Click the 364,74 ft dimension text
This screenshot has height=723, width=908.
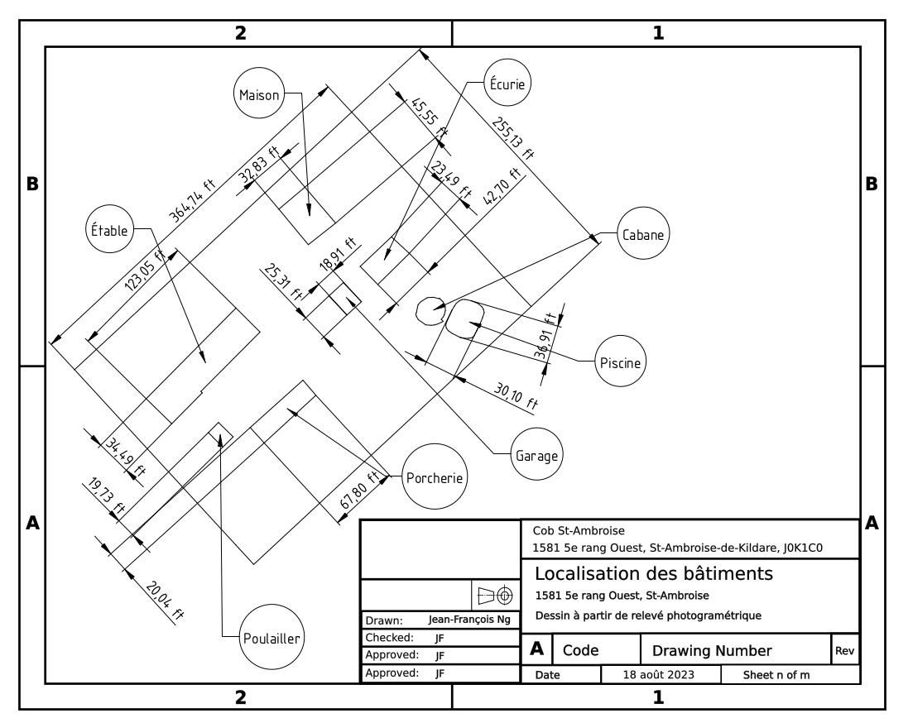coord(193,199)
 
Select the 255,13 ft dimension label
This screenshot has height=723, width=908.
coord(513,138)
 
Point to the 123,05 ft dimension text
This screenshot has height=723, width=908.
coord(146,269)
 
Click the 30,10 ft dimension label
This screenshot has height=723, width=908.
coord(516,396)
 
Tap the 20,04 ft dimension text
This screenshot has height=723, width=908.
coord(165,601)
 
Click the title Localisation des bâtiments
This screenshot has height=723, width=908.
coord(654,573)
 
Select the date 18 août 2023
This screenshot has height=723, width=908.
coord(658,674)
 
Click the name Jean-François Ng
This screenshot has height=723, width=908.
coord(469,620)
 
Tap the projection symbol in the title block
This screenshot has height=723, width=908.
coord(496,595)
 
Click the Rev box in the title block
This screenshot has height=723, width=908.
coord(845,649)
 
